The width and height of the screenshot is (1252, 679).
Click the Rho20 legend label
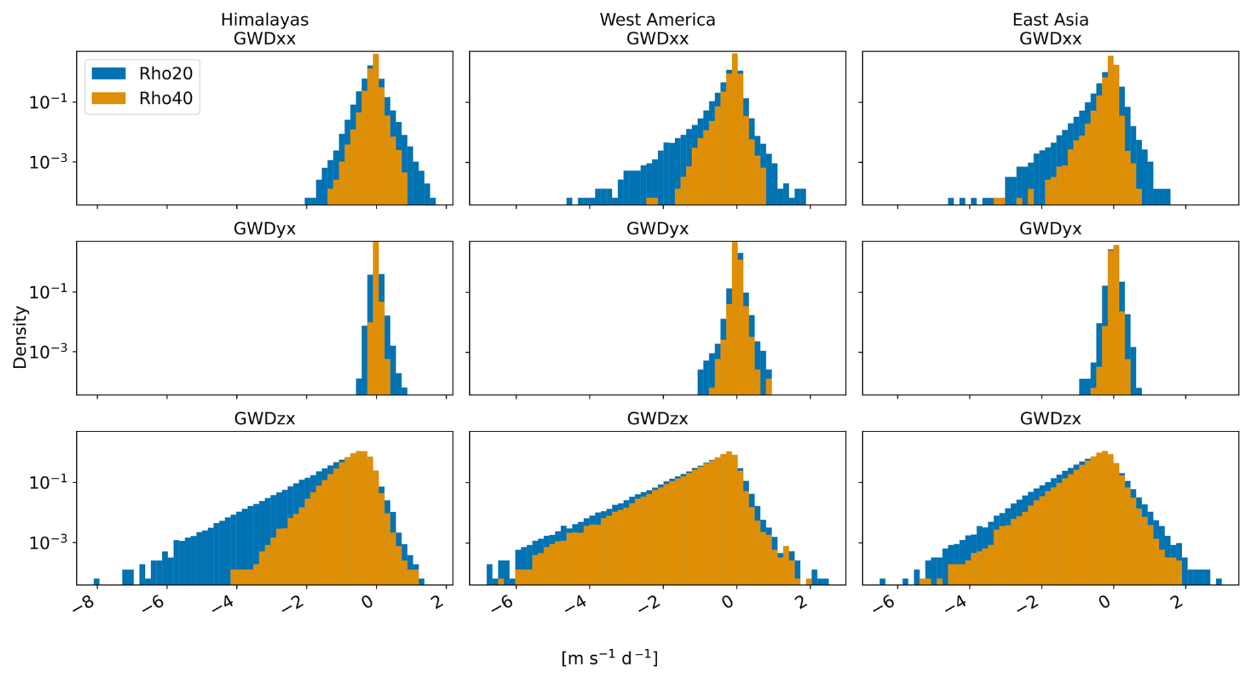pyautogui.click(x=165, y=73)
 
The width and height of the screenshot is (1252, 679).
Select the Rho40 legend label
pyautogui.click(x=165, y=99)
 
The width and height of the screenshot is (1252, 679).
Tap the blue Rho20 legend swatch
pyautogui.click(x=109, y=73)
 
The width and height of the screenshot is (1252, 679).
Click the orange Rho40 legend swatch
pyautogui.click(x=109, y=98)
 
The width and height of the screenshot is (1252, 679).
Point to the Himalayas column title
pyautogui.click(x=265, y=20)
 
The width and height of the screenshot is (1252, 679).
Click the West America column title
pyautogui.click(x=657, y=20)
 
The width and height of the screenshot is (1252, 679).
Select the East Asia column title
pyautogui.click(x=1050, y=20)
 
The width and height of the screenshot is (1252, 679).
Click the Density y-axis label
pyautogui.click(x=21, y=338)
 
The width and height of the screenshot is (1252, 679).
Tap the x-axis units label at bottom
pyautogui.click(x=609, y=658)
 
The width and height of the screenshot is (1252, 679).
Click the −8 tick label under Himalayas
pyautogui.click(x=86, y=604)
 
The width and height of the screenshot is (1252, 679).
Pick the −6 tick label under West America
pyautogui.click(x=504, y=604)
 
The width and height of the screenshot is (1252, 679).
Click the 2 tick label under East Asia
pyautogui.click(x=1179, y=602)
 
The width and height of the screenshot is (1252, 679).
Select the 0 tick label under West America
pyautogui.click(x=729, y=602)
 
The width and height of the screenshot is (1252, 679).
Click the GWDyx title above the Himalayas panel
pyautogui.click(x=265, y=229)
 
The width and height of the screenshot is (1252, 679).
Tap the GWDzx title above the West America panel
pyautogui.click(x=657, y=419)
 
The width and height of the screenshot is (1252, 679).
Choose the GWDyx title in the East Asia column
pyautogui.click(x=1050, y=229)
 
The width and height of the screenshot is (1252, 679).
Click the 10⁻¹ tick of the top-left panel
pyautogui.click(x=48, y=102)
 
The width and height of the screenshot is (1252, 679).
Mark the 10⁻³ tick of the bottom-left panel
pyautogui.click(x=48, y=543)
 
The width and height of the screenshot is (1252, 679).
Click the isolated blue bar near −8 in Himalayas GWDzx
pyautogui.click(x=97, y=582)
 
